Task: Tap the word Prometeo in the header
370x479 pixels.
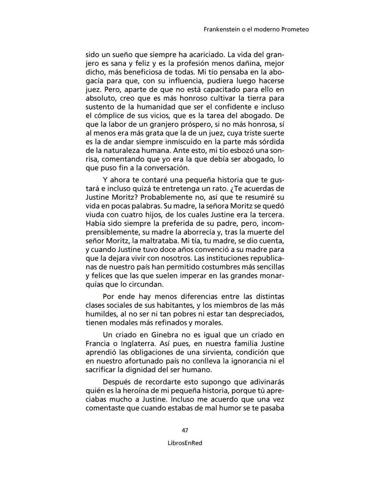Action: pos(295,29)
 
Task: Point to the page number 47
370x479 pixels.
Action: pos(185,430)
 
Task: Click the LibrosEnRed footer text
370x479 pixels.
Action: pos(185,443)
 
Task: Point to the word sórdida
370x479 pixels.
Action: pos(271,142)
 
